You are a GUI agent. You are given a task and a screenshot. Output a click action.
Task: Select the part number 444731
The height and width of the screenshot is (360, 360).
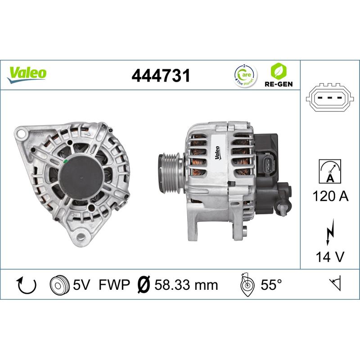point(161,76)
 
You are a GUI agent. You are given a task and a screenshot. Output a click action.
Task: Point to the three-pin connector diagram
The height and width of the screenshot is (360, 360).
point(330,98)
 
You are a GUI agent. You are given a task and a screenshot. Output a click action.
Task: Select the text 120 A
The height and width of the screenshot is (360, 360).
point(330,196)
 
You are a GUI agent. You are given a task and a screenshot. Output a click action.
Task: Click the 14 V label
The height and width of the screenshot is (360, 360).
point(330,257)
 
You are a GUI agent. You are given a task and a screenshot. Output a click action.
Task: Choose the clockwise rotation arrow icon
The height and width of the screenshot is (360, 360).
point(26,284)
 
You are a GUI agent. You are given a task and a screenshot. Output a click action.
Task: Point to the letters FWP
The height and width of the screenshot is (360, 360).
point(113,284)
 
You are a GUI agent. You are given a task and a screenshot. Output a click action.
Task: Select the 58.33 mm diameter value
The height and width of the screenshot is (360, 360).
point(185,284)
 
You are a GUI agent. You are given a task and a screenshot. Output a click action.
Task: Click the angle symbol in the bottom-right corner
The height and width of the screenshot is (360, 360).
point(336,283)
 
